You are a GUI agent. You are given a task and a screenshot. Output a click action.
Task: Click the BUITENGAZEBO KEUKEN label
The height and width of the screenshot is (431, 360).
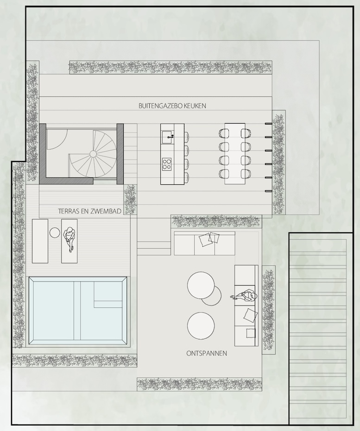pyautogui.click(x=172, y=106)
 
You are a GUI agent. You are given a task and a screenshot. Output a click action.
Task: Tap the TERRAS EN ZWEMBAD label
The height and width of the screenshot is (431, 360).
pyautogui.click(x=90, y=211)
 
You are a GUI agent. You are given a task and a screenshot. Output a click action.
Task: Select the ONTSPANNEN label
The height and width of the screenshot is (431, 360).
pyautogui.click(x=207, y=353)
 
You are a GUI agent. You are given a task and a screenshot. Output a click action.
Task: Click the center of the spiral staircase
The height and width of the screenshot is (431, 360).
pyautogui.click(x=93, y=154)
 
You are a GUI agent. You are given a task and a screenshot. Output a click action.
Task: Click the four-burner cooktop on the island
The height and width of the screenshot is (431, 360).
pyautogui.click(x=167, y=164)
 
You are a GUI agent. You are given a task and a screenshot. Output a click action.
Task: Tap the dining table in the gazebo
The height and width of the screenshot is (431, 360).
pyautogui.click(x=235, y=154)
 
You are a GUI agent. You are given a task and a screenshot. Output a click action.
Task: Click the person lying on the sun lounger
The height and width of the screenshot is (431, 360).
pyautogui.click(x=69, y=239)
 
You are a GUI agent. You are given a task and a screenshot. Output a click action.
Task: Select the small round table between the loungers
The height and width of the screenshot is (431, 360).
pyautogui.click(x=55, y=232)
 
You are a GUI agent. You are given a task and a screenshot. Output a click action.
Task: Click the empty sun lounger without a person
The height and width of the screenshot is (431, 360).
pyautogui.click(x=40, y=241)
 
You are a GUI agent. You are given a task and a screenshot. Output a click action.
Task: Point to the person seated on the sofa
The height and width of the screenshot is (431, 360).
pyautogui.click(x=245, y=296)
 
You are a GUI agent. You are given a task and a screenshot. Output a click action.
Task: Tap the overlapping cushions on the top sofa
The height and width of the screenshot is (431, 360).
pyautogui.click(x=209, y=239)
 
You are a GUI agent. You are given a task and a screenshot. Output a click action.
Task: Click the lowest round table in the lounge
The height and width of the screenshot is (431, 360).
pyautogui.click(x=201, y=326)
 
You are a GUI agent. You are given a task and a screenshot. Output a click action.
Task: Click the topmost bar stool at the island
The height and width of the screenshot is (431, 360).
pyautogui.click(x=186, y=136)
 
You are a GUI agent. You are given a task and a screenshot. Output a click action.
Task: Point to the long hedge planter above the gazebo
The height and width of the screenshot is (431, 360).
pyautogui.click(x=170, y=67)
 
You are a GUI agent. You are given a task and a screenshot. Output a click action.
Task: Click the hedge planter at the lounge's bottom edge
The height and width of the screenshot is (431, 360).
pyautogui.click(x=199, y=384)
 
